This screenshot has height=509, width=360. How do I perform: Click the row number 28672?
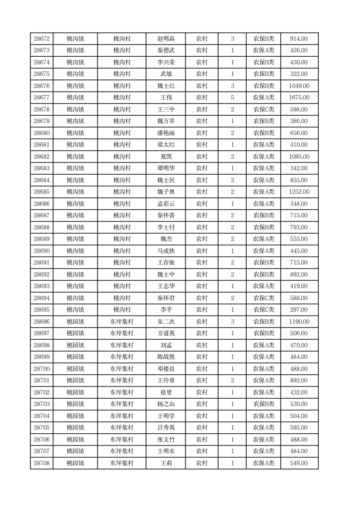pyautogui.click(x=42, y=39)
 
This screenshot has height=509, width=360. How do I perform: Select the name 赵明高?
pyautogui.click(x=166, y=39)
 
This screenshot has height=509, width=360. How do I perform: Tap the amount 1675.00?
pyautogui.click(x=299, y=98)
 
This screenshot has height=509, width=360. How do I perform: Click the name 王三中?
pyautogui.click(x=166, y=109)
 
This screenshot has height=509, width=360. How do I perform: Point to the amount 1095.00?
pyautogui.click(x=299, y=157)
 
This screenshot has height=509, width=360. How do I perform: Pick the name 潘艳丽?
pyautogui.click(x=166, y=133)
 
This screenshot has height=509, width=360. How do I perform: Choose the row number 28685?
pyautogui.click(x=42, y=192)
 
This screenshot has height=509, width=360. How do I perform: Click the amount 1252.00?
pyautogui.click(x=299, y=192)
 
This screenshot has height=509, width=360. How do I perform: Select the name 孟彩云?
pyautogui.click(x=166, y=204)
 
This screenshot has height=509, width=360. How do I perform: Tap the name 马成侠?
pyautogui.click(x=166, y=251)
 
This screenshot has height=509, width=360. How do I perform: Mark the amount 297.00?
pyautogui.click(x=299, y=310)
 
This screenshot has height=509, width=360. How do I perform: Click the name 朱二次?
pyautogui.click(x=166, y=322)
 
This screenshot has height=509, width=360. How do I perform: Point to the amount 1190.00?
pyautogui.click(x=299, y=322)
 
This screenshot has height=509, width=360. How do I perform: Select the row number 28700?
pyautogui.click(x=42, y=369)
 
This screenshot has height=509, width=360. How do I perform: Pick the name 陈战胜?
pyautogui.click(x=166, y=357)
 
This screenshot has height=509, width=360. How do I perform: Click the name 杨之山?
pyautogui.click(x=166, y=404)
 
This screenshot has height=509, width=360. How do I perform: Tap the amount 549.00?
pyautogui.click(x=299, y=463)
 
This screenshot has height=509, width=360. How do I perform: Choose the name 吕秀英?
pyautogui.click(x=166, y=428)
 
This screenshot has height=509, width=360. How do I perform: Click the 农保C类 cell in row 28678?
pyautogui.click(x=263, y=109)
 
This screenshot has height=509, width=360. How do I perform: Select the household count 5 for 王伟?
pyautogui.click(x=233, y=98)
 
